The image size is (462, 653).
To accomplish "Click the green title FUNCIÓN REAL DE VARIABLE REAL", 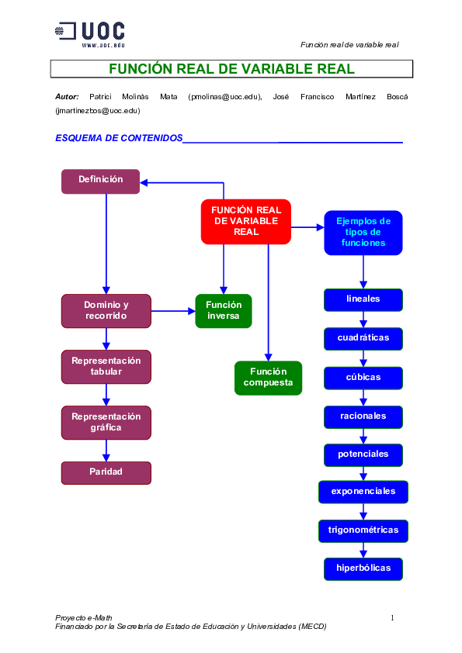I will click(x=231, y=69).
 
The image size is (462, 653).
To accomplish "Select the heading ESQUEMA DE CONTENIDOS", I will click(x=118, y=138).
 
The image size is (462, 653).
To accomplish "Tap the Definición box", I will click(x=100, y=181).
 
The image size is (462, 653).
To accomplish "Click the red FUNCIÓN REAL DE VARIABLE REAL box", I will click(x=246, y=221).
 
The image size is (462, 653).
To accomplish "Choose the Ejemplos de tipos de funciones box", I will click(x=363, y=232).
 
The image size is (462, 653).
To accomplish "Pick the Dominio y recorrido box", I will click(x=106, y=310).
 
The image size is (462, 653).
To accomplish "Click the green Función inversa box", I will click(x=224, y=310).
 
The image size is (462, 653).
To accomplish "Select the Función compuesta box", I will click(x=268, y=378).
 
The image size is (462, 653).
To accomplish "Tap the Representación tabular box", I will click(x=106, y=366).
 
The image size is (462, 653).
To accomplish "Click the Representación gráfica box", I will click(x=106, y=422).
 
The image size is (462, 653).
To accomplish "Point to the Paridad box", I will click(x=106, y=472).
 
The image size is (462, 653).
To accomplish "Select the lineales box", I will click(x=363, y=299).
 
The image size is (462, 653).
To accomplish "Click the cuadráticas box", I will click(x=363, y=338).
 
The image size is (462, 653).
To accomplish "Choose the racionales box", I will click(x=363, y=416).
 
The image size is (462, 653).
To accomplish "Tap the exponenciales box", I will click(x=363, y=492).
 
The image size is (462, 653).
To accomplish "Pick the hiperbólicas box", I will click(x=363, y=568).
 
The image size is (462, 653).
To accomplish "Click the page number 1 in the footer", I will click(x=392, y=618).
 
